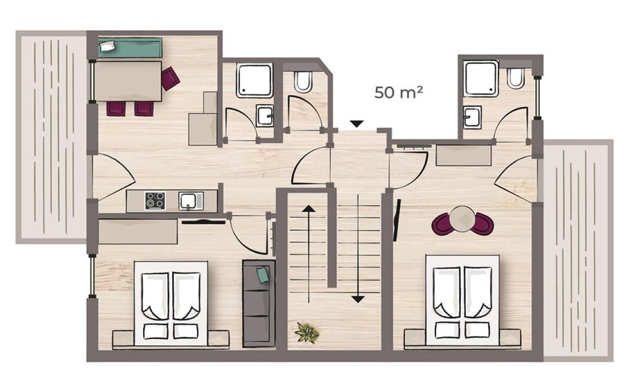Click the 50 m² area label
[398, 92]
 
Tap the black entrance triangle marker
[356, 124]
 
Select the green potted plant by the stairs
[307, 333]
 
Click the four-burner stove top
[155, 201]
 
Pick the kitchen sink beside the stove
[191, 201]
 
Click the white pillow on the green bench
[108, 46]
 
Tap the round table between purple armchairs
[462, 219]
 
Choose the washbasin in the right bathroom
[472, 117]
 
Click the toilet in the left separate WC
[303, 82]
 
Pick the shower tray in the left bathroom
[254, 80]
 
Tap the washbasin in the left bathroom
[265, 115]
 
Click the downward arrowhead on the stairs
[358, 300]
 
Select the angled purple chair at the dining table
[170, 78]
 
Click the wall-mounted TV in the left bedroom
[203, 222]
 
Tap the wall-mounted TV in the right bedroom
[397, 220]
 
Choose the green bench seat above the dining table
[130, 48]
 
